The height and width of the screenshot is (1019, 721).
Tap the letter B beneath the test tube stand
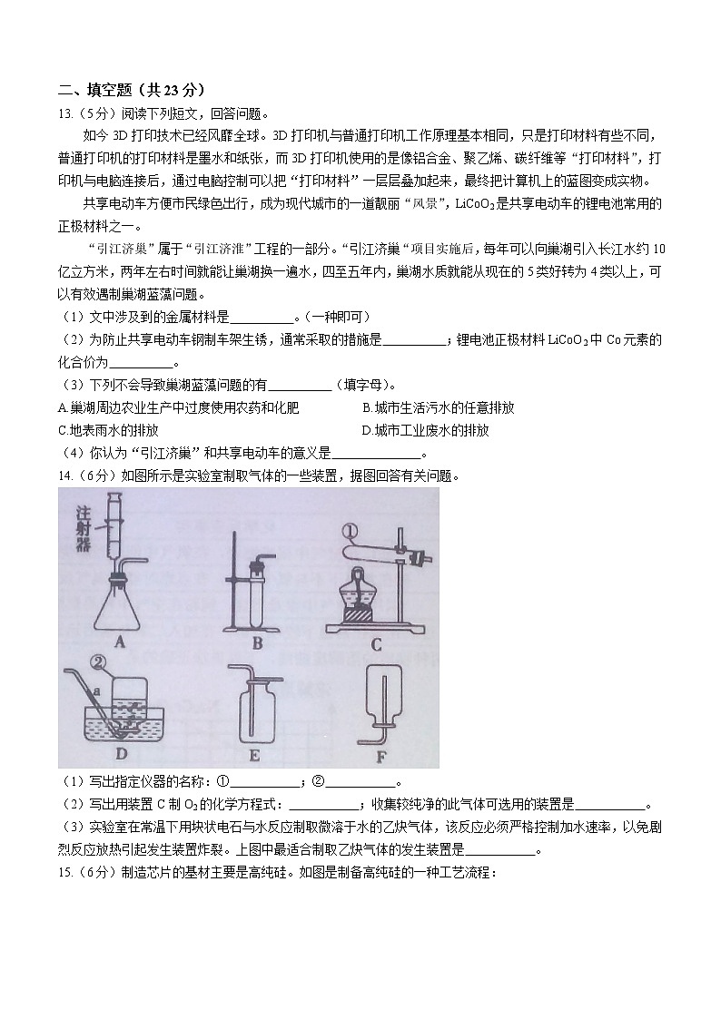(x=257, y=642)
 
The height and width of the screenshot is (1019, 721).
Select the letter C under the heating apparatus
(x=376, y=644)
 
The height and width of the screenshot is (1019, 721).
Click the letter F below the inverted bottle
(x=381, y=752)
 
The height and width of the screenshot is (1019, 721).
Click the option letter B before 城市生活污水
(x=366, y=408)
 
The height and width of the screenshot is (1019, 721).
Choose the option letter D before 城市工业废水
(x=366, y=430)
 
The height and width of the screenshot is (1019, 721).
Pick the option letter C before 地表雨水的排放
(x=62, y=430)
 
